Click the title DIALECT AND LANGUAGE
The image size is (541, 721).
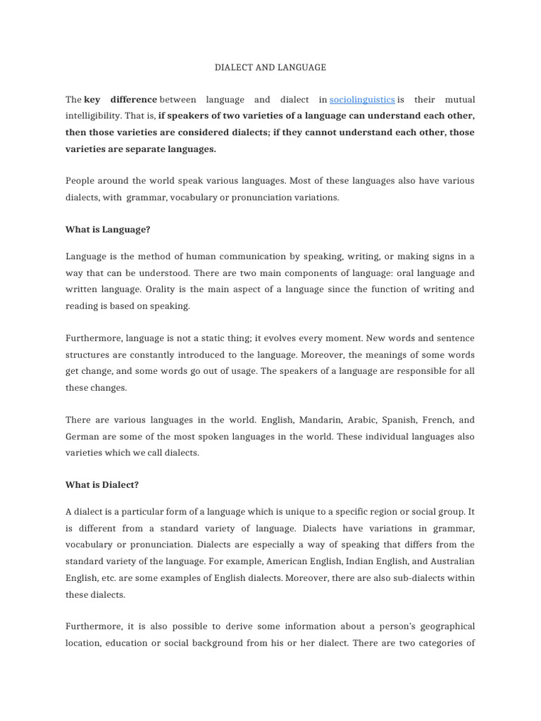[270, 68]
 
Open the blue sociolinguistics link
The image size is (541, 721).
[362, 100]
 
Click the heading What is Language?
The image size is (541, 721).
[108, 230]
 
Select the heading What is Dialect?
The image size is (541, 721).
[103, 485]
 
